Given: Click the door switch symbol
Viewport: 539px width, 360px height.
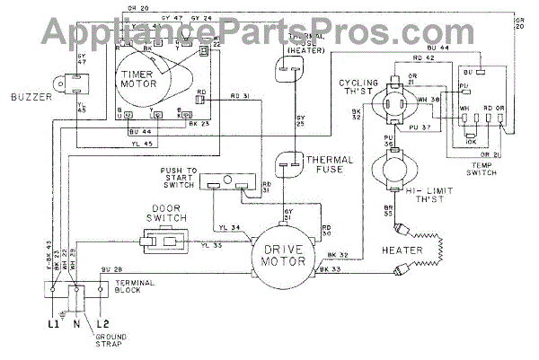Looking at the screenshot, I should coord(163,240).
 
